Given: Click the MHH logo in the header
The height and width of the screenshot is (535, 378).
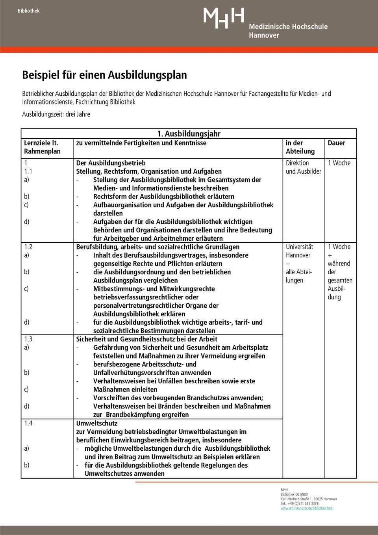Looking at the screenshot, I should click(x=224, y=18).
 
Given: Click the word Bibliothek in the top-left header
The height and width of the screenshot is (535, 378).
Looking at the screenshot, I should click(x=28, y=11).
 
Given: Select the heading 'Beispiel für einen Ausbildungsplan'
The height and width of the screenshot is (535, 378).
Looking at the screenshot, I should click(x=104, y=75).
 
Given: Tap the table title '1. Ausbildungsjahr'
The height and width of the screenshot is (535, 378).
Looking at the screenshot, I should click(x=189, y=134).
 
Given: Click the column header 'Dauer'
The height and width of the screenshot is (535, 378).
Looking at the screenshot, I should click(x=336, y=143).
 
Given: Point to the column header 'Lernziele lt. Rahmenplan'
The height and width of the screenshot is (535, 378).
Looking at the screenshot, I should click(x=42, y=147).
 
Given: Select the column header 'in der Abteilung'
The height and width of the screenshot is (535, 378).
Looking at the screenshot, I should click(x=300, y=147).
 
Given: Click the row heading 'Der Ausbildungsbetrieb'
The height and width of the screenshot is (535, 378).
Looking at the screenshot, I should click(x=111, y=163).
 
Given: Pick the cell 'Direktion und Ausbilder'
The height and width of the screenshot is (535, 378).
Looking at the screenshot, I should click(x=303, y=167).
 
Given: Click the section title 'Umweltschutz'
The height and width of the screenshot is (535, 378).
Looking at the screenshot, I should click(x=96, y=424).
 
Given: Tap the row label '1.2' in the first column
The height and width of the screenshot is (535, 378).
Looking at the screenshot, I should click(x=28, y=247).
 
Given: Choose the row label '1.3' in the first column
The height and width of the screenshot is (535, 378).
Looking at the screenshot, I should click(x=28, y=339).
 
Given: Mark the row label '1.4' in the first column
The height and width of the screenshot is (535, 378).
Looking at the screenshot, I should click(x=28, y=424).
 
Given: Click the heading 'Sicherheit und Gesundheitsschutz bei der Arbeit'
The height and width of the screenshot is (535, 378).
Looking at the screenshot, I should click(x=146, y=339).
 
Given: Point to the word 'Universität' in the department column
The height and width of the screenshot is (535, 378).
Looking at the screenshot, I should click(x=299, y=247).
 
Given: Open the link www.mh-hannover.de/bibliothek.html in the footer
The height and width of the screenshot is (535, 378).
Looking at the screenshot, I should click(x=307, y=508).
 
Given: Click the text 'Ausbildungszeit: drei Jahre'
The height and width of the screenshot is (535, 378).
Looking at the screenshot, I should click(x=56, y=115).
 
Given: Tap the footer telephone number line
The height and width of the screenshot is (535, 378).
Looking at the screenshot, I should click(x=299, y=503).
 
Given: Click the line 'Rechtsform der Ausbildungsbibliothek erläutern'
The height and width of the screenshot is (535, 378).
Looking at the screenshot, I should click(x=163, y=197).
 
